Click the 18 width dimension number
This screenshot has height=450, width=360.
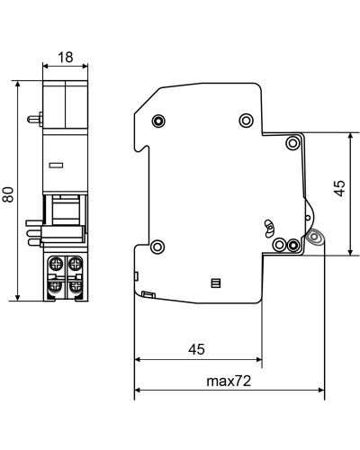pos(65,57)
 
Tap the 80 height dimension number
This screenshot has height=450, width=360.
pos(8,194)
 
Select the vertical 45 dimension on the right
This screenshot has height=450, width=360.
pos(339,188)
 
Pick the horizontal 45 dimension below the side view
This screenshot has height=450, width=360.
pos(196,349)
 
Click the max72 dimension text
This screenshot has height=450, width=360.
pos(229,381)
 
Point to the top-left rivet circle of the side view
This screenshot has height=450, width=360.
pos(158,121)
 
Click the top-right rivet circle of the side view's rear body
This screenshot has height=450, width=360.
pos(246,121)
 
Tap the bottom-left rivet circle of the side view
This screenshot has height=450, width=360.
pos(157,247)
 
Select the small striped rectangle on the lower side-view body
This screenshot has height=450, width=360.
pos(216,283)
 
